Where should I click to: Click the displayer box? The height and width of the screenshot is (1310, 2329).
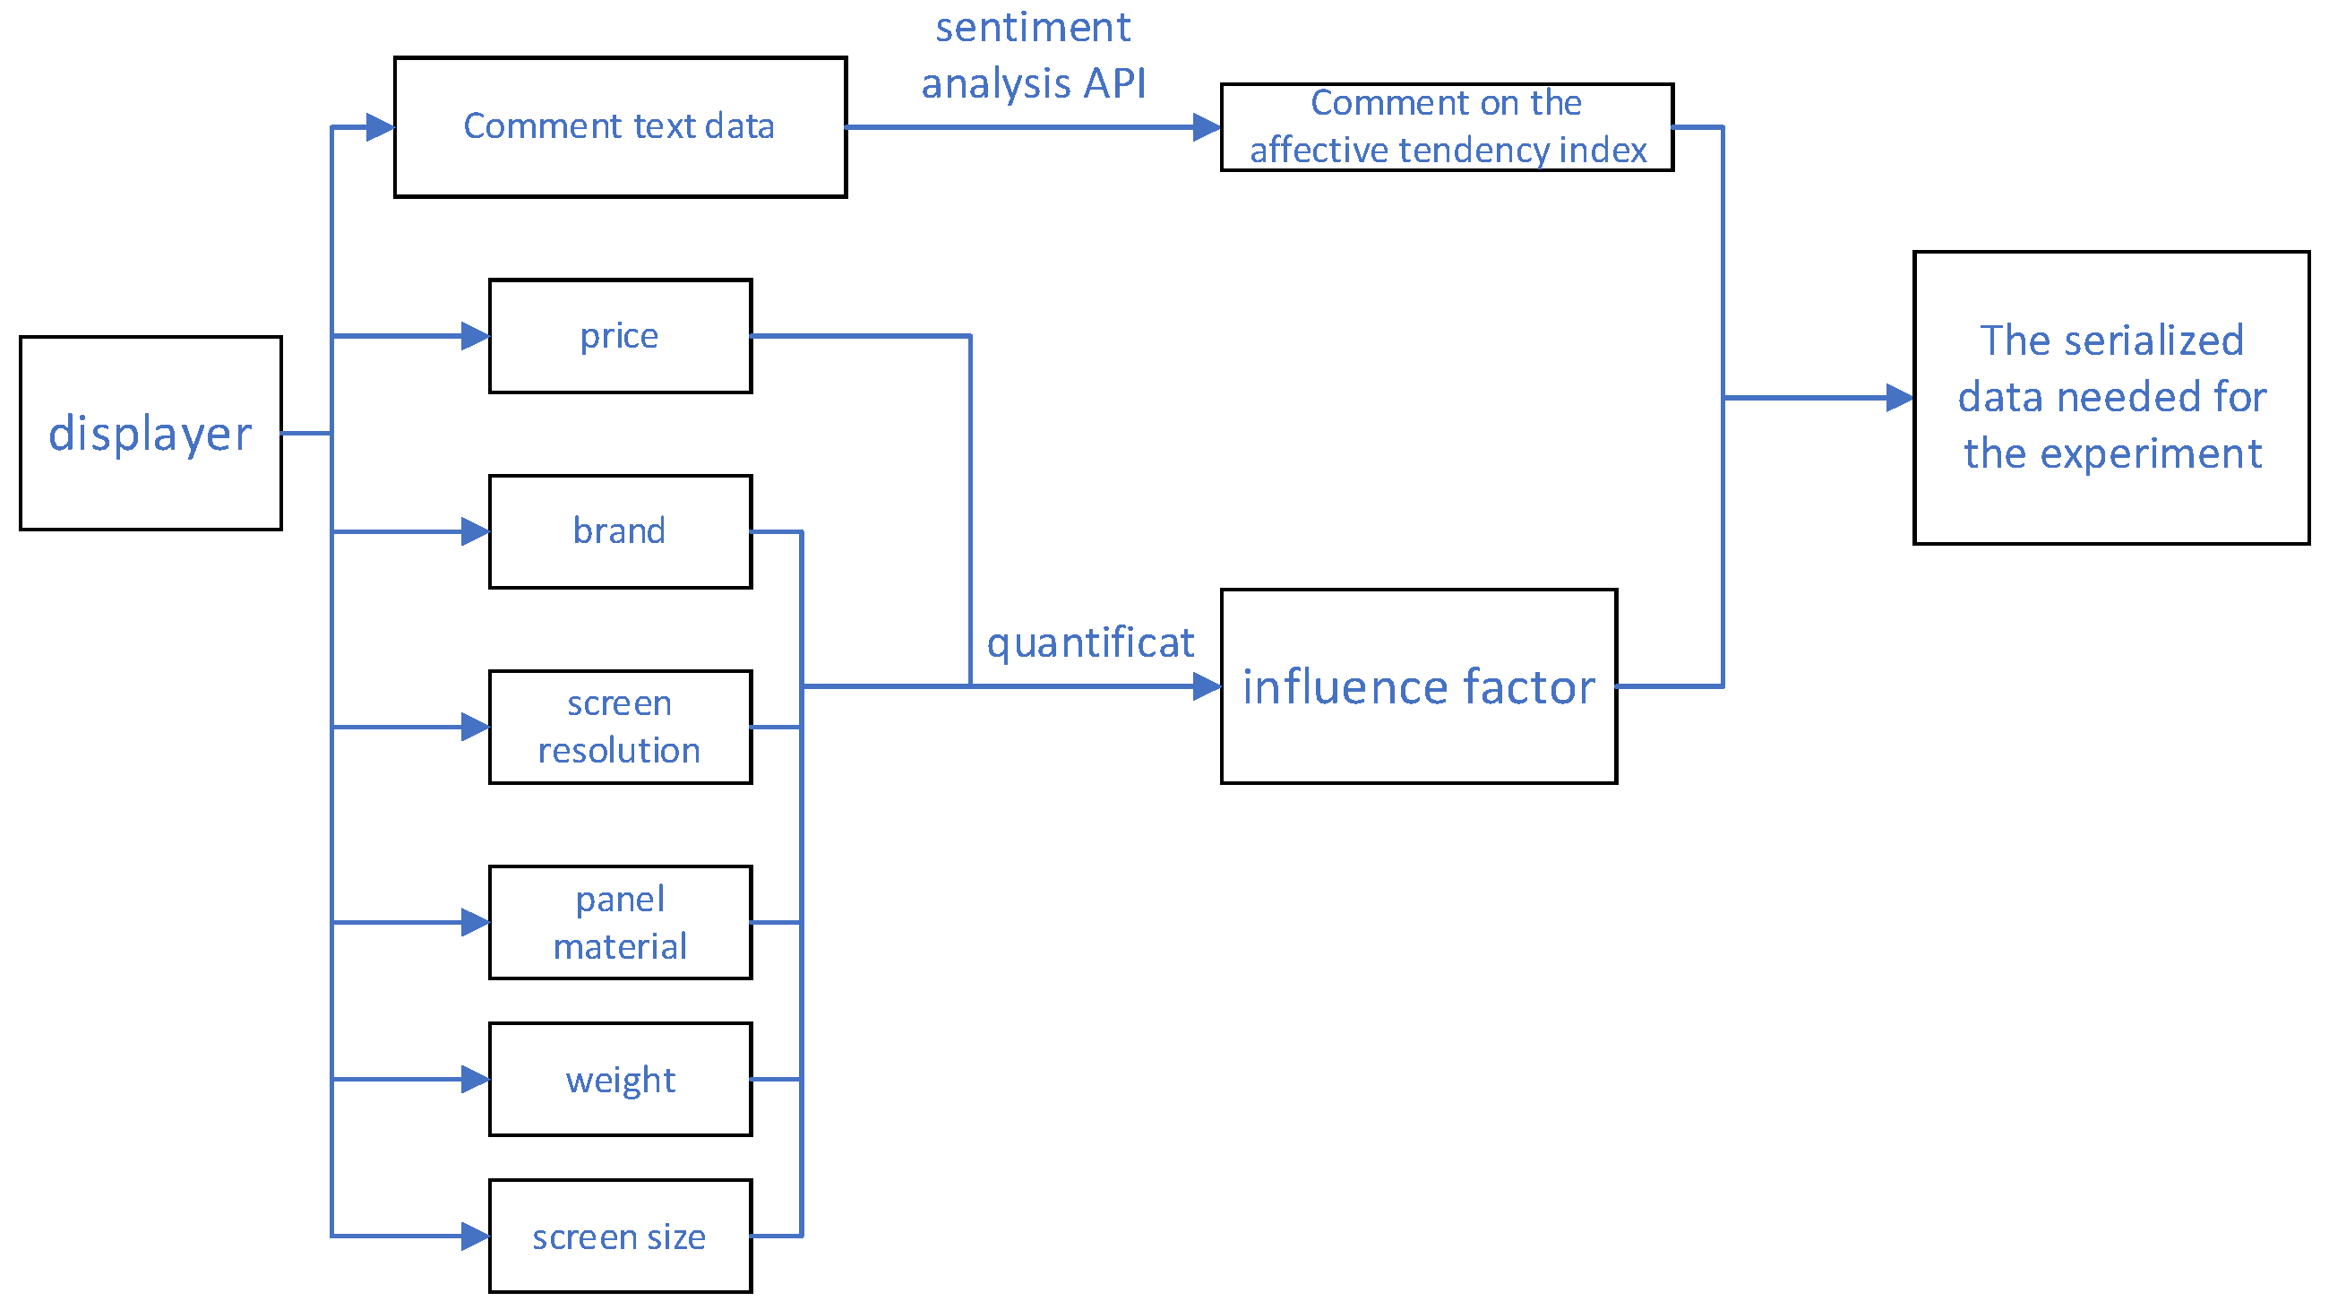pyautogui.click(x=150, y=433)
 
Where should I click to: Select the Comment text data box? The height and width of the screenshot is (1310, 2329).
pyautogui.click(x=620, y=126)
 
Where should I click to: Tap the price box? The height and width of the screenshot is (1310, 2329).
pyautogui.click(x=620, y=336)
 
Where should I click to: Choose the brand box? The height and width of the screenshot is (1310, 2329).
pyautogui.click(x=620, y=531)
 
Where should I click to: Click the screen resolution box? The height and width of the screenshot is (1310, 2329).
pyautogui.click(x=620, y=727)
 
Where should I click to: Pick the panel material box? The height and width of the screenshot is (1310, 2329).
pyautogui.click(x=620, y=922)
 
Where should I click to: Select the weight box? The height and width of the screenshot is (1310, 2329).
pyautogui.click(x=620, y=1080)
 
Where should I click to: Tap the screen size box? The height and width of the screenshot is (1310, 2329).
pyautogui.click(x=620, y=1236)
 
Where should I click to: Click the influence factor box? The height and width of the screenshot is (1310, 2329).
pyautogui.click(x=1419, y=686)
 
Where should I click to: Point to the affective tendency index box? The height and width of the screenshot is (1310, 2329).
pyautogui.click(x=1447, y=126)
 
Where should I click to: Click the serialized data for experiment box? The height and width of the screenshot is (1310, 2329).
pyautogui.click(x=2111, y=398)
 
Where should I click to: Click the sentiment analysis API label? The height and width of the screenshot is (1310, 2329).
pyautogui.click(x=1033, y=56)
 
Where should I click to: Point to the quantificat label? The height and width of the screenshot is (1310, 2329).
pyautogui.click(x=1089, y=642)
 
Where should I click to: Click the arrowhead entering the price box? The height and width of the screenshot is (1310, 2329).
pyautogui.click(x=476, y=336)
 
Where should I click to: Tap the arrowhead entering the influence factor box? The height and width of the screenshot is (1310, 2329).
pyautogui.click(x=1207, y=686)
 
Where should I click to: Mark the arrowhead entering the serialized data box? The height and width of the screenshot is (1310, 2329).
pyautogui.click(x=1900, y=398)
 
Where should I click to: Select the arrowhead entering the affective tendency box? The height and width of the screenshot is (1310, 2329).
pyautogui.click(x=1207, y=126)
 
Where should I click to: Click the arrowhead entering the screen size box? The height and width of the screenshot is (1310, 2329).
pyautogui.click(x=476, y=1236)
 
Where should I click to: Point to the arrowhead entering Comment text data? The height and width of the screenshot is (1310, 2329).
pyautogui.click(x=381, y=126)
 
